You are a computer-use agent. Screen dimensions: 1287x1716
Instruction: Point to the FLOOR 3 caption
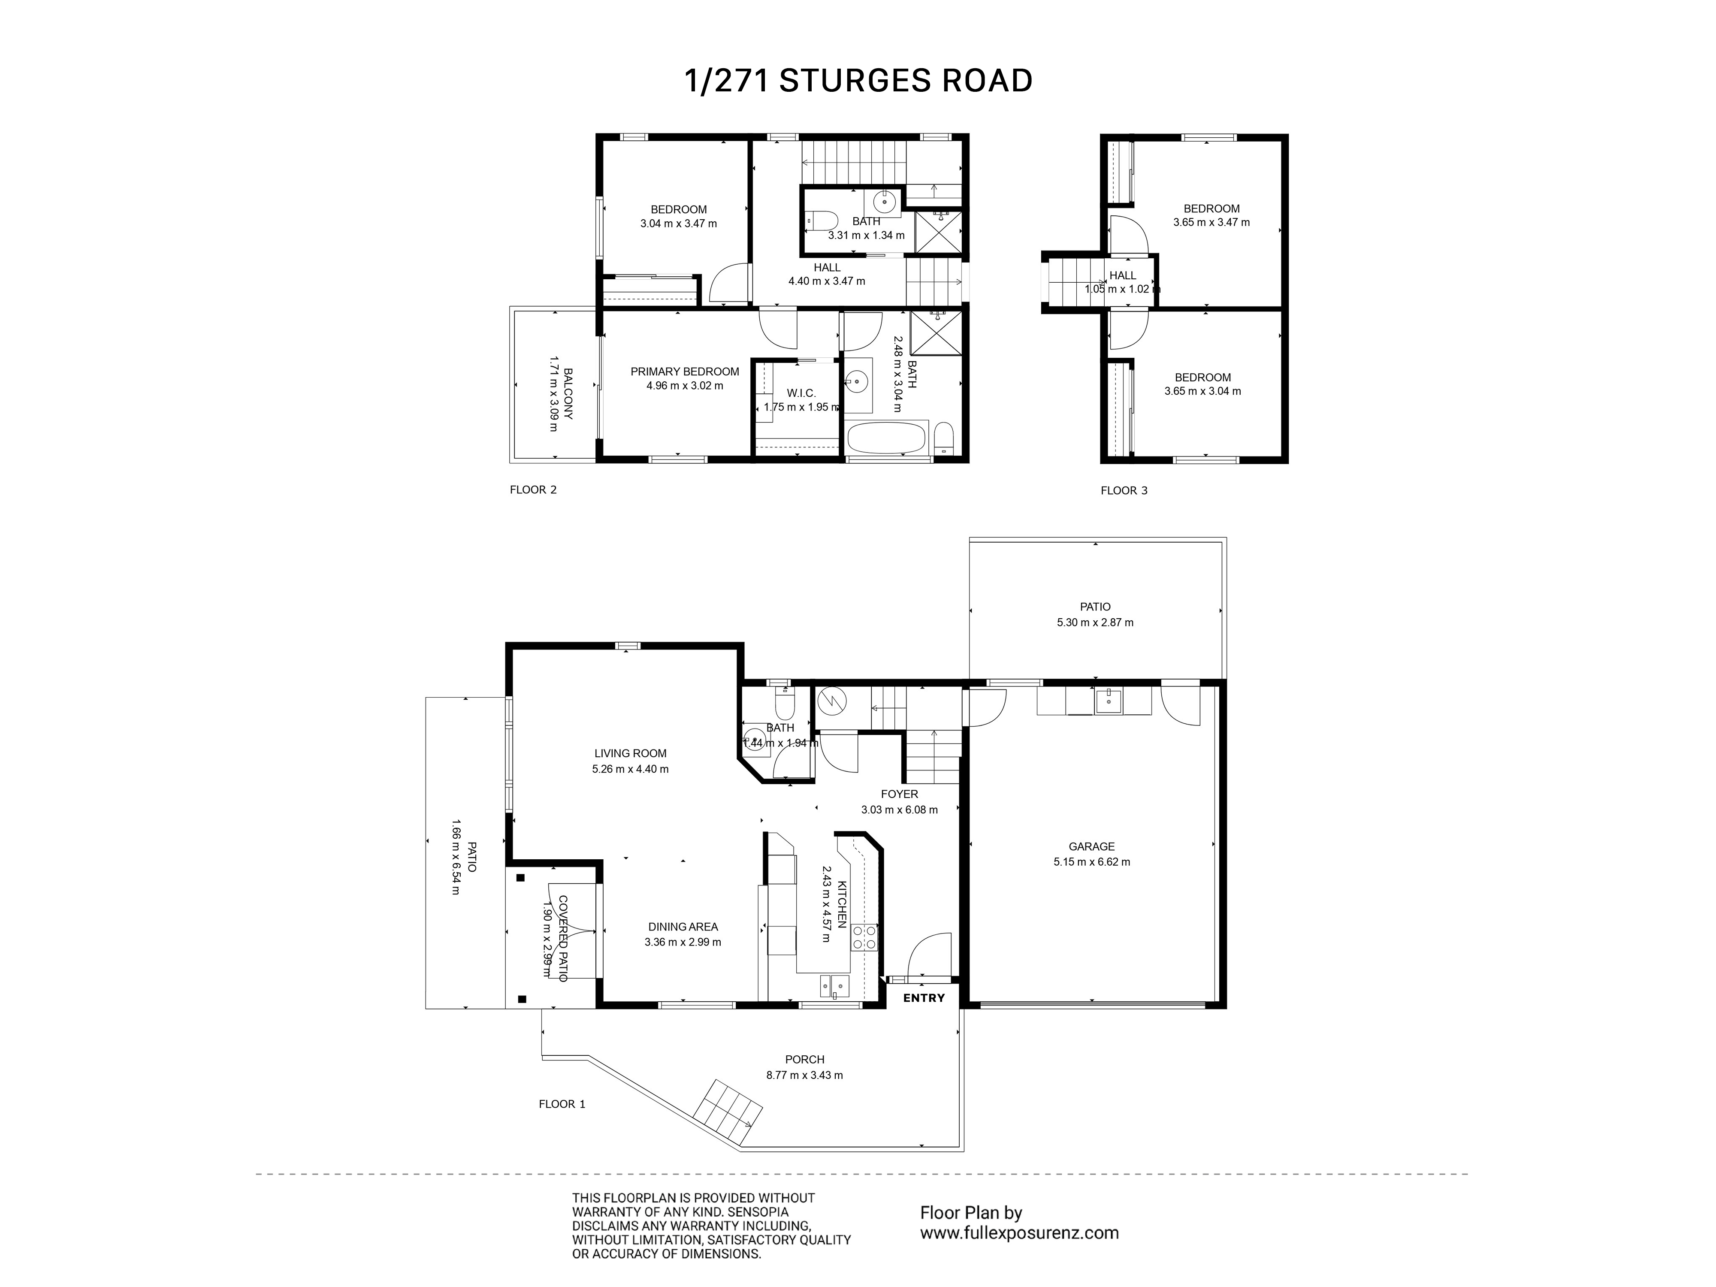[x=1123, y=490]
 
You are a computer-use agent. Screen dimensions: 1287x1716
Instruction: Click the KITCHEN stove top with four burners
[x=864, y=937]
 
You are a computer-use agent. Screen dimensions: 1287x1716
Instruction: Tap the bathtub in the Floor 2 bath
[x=886, y=439]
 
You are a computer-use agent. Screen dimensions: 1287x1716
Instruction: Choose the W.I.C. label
[x=801, y=393]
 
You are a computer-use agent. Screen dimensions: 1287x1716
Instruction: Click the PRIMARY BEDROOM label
[x=684, y=372]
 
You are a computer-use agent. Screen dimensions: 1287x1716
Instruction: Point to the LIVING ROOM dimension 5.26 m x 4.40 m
[x=630, y=769]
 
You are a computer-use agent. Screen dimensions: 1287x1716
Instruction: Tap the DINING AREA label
[x=683, y=926]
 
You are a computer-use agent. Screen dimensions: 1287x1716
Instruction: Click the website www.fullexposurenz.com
[x=1018, y=1233]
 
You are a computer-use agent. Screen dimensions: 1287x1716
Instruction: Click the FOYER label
[x=899, y=794]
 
